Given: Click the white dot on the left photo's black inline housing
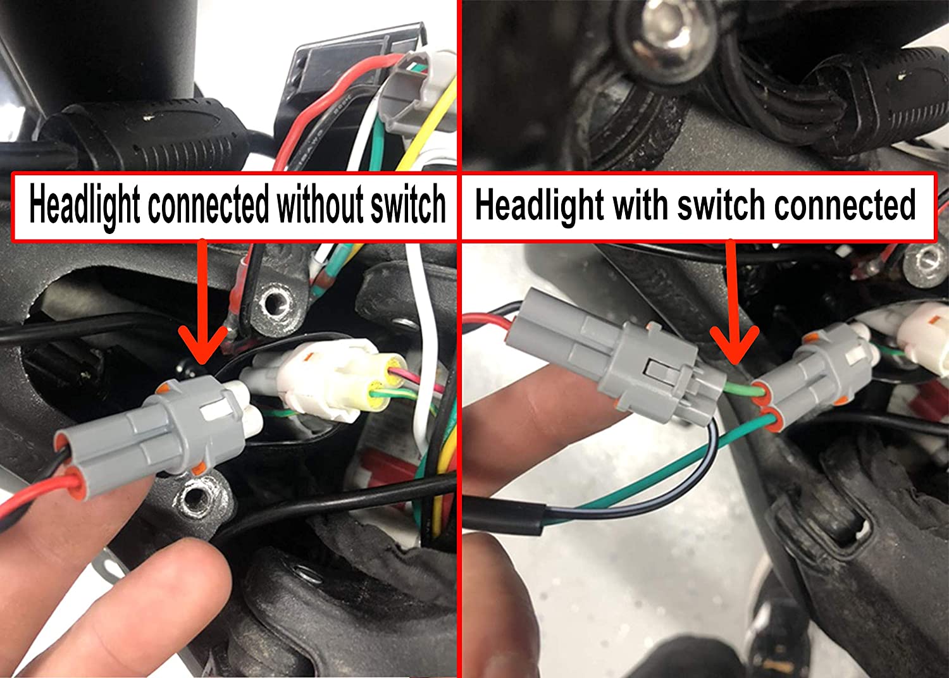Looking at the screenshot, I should [x=147, y=117].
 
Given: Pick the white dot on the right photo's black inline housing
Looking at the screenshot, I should [x=900, y=77].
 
